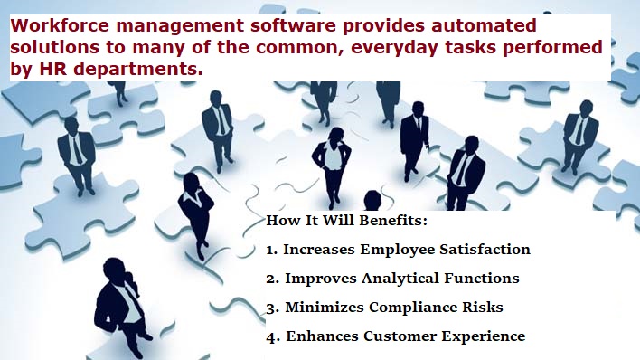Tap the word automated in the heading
(x=485, y=24)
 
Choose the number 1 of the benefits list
(x=271, y=249)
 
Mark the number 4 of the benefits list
(x=272, y=336)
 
